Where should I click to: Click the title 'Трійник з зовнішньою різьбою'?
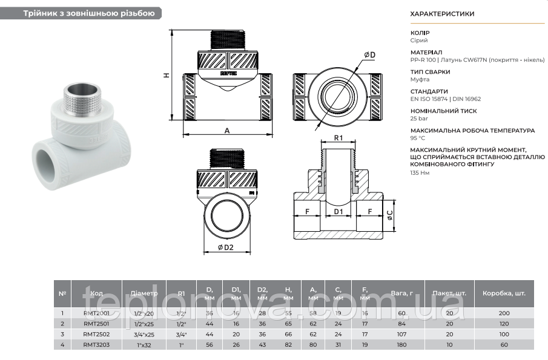point(89,13)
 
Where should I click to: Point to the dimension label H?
point(166,75)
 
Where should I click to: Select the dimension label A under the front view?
point(227,130)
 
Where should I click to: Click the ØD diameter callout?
point(369,55)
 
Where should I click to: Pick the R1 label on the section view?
point(338,138)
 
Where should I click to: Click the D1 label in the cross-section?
point(338,212)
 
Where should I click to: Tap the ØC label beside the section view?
point(390,212)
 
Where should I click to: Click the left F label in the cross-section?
point(307,212)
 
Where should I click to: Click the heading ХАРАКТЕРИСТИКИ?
point(442,13)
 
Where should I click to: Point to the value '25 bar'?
point(418,119)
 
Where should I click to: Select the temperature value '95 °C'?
point(418,138)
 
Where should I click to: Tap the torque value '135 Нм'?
point(420,173)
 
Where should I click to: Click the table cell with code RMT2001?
point(96,313)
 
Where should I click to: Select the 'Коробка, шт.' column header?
point(504,293)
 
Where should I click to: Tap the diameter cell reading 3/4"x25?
point(143,333)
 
